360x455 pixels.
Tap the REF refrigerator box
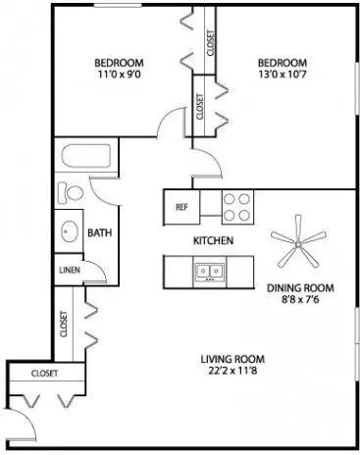coord(181,207)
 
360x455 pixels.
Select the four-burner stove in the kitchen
coord(236,207)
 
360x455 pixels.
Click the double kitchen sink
coord(209,272)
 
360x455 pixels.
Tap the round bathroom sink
coord(69,231)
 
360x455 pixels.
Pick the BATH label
coord(99,232)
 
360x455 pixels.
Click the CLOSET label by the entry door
coord(44,373)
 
